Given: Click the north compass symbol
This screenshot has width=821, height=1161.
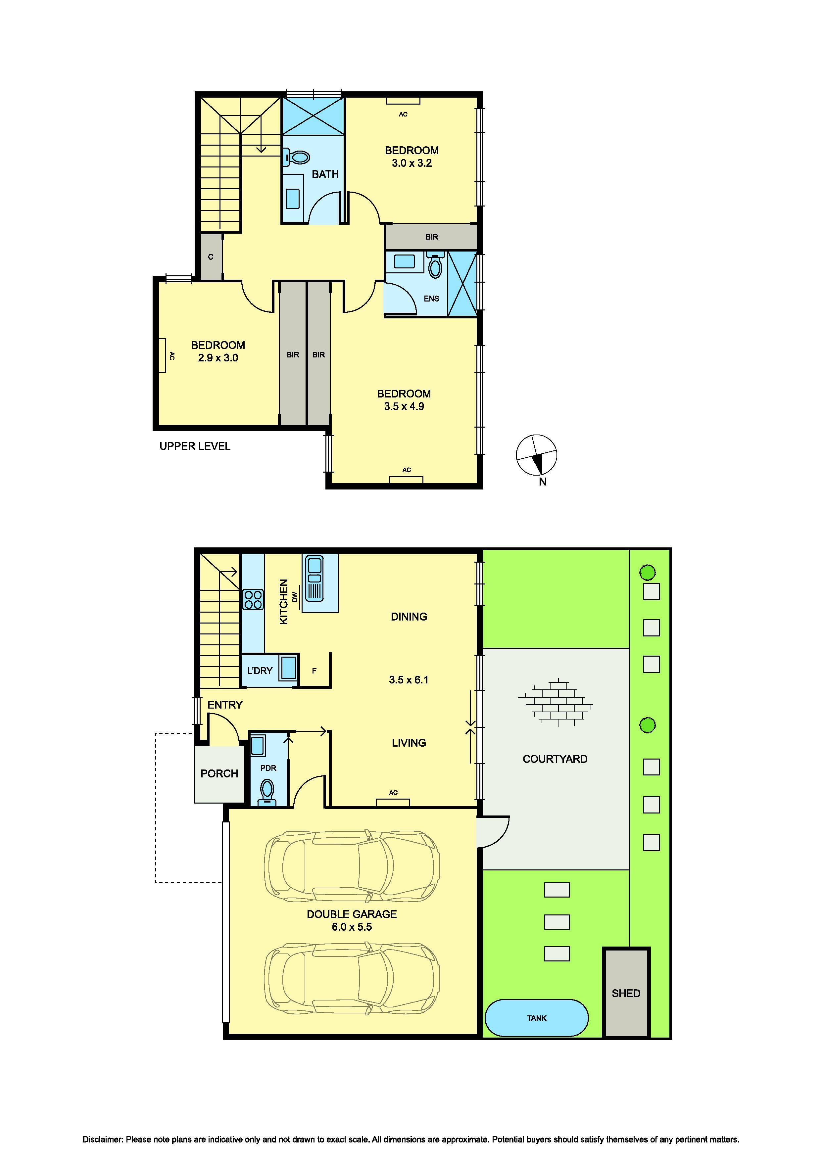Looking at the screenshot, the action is click(x=536, y=455).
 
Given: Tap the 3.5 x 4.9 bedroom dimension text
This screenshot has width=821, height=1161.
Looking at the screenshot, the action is click(x=404, y=406).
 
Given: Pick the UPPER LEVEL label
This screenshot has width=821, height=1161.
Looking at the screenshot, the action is click(x=195, y=446).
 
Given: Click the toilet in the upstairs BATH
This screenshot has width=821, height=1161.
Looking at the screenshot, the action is click(x=297, y=157).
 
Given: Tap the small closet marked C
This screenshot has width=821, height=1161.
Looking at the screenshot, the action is click(x=211, y=256).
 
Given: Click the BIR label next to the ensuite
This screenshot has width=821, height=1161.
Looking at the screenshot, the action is click(x=431, y=237).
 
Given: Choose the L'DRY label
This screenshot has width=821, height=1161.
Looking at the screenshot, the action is click(x=260, y=671).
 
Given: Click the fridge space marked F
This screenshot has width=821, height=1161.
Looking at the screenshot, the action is click(x=314, y=671).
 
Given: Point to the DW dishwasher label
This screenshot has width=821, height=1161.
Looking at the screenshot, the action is click(x=295, y=597).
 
